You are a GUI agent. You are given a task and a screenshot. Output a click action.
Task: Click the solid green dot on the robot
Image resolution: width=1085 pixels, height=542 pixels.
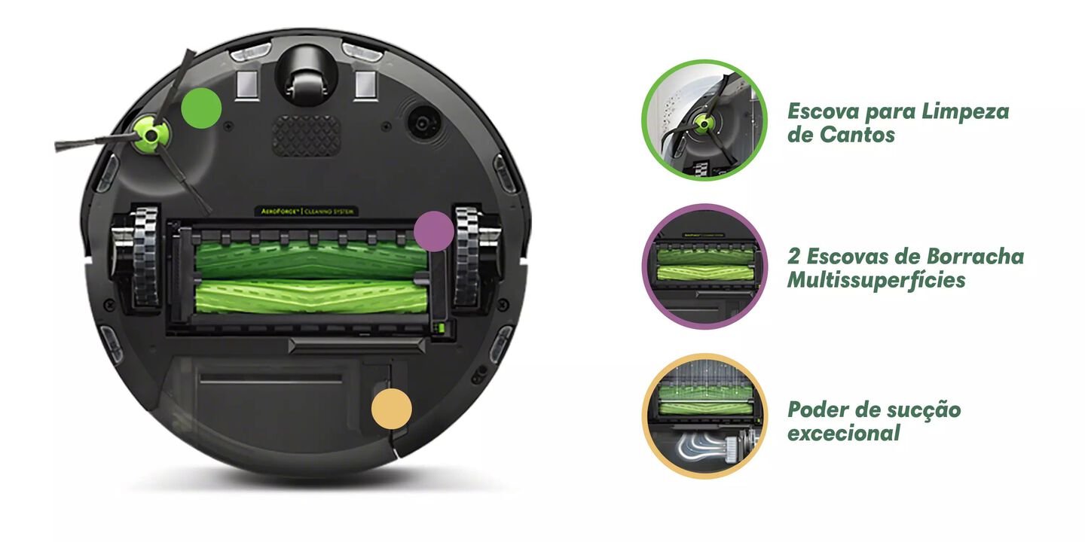coord(201,108)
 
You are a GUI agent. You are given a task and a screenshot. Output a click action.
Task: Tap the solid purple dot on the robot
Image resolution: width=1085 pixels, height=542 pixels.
coord(434,231)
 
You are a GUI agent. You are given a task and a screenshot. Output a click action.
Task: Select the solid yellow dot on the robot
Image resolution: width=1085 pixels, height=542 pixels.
coord(391,409)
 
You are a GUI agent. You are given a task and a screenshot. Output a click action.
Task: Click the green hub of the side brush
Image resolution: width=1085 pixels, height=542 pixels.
coord(152,135)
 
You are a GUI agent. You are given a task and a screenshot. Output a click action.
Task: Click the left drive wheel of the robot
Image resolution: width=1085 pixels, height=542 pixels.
coord(138,258)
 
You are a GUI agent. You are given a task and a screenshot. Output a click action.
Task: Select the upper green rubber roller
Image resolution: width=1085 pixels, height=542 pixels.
coord(310,260)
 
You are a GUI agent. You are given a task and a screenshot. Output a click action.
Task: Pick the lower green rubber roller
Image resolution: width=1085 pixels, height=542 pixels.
coord(310,296)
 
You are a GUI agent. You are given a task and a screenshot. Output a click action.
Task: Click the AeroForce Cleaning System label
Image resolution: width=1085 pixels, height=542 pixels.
coord(307,212)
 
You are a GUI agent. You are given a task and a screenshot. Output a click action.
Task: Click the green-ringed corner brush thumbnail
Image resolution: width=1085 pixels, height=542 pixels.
coord(704,120)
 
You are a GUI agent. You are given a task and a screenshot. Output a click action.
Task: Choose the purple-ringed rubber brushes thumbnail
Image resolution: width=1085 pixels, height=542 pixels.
coord(704,266)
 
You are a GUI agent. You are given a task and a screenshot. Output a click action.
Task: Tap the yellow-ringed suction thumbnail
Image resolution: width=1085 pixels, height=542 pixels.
coord(704,416)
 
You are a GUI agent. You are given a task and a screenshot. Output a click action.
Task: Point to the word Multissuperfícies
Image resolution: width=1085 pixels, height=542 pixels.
coord(876,281)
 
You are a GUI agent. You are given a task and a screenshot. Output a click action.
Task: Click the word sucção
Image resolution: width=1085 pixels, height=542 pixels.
coord(928,410)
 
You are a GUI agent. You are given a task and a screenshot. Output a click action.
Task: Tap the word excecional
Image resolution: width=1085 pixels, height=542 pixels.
coord(843,433)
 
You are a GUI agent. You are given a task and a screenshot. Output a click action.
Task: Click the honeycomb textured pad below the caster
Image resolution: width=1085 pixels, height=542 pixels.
coord(306,135)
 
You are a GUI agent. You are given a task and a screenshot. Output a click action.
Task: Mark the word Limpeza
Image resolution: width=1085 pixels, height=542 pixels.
coord(965,112)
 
